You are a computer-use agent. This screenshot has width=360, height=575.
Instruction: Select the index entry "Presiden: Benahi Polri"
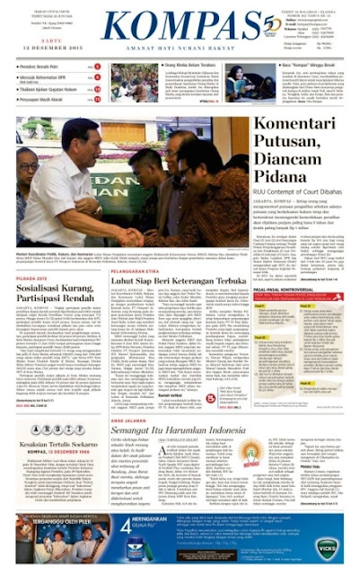45,67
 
